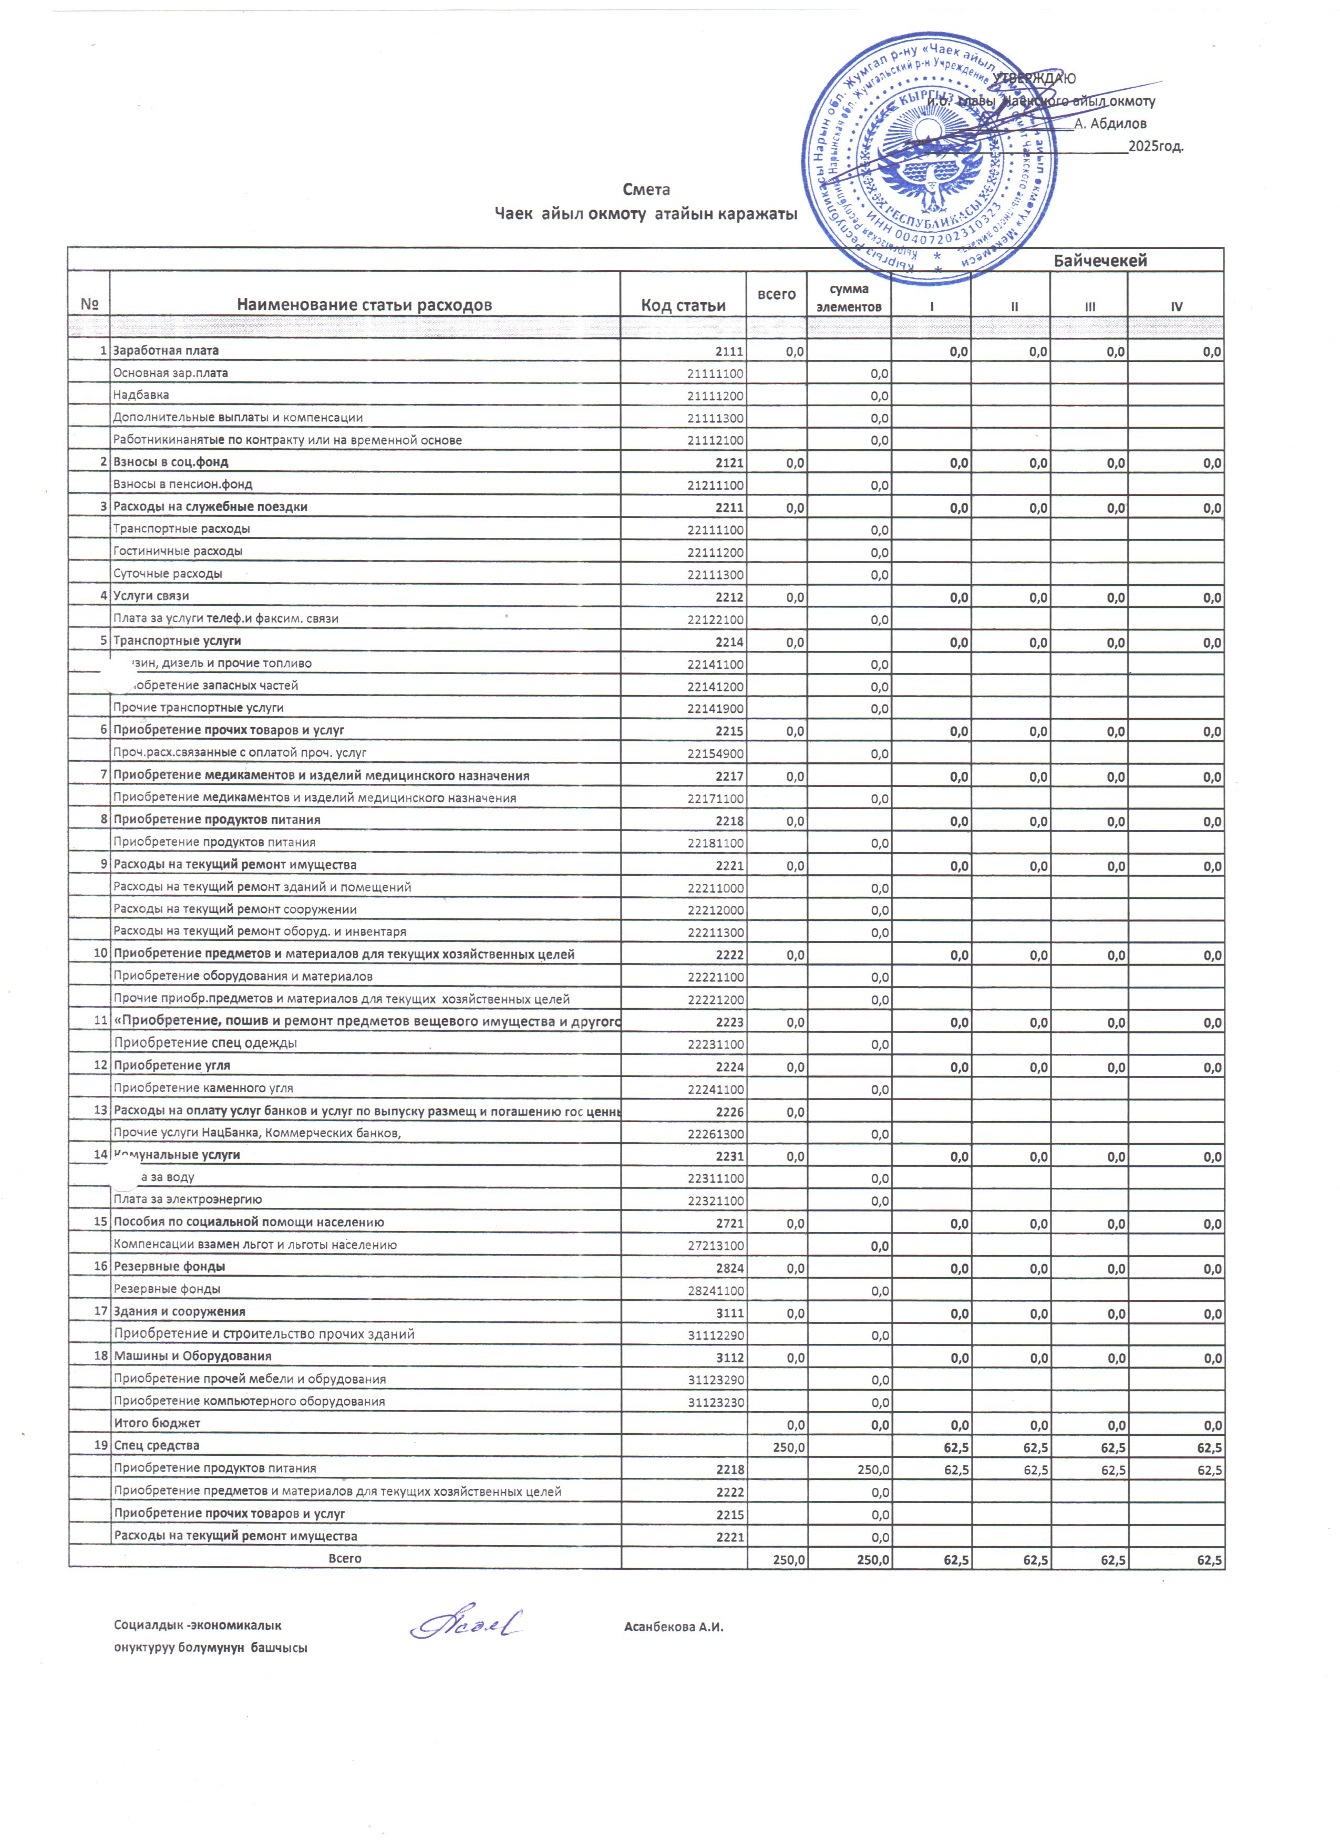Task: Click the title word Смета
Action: (x=646, y=189)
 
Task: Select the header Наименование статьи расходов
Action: (x=364, y=306)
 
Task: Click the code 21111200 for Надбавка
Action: (x=715, y=396)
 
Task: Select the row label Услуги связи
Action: (x=151, y=596)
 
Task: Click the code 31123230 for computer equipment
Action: (x=715, y=1402)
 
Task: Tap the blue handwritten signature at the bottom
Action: (x=466, y=1624)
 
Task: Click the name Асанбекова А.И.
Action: (x=674, y=1628)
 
